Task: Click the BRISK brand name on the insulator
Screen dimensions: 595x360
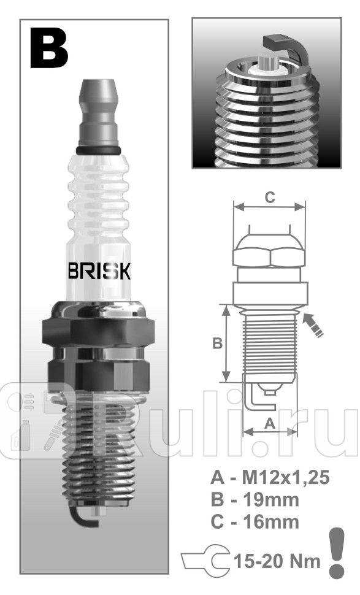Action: tap(98, 272)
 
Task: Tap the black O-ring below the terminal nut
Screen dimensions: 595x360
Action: tap(98, 150)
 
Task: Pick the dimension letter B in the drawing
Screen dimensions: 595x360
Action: tap(217, 344)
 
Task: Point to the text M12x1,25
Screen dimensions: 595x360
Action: tap(286, 478)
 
